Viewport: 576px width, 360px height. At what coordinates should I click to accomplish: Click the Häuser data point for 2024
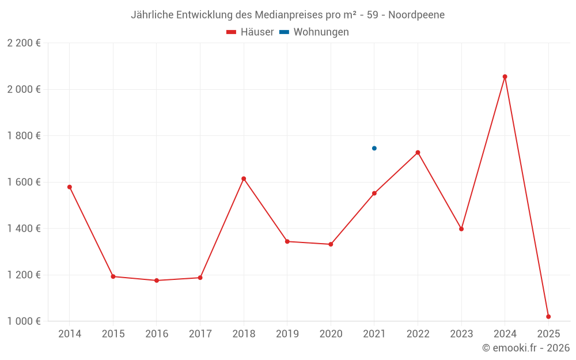505,77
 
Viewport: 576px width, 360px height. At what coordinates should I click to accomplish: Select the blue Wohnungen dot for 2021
374,148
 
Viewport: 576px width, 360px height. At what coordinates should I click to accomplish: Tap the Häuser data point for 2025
548,316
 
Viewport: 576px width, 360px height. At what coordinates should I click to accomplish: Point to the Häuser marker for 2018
244,179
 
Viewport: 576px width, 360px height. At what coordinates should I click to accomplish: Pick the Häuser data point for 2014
70,187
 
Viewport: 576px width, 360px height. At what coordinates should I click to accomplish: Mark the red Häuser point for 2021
374,193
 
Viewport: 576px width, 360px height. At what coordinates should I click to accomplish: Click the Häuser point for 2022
418,152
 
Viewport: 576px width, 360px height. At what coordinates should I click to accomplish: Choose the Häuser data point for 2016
157,281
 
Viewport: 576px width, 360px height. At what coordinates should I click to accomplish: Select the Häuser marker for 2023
461,229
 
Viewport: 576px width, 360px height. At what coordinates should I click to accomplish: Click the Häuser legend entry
250,32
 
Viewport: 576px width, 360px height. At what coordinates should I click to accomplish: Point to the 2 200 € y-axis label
24,43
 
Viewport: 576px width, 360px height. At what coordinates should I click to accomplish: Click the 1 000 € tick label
24,321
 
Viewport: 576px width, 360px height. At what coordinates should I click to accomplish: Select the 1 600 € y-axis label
24,182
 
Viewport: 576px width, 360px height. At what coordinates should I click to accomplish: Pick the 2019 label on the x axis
287,334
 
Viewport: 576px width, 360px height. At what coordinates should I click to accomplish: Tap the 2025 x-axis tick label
548,334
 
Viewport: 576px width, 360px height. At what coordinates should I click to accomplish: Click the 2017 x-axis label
200,334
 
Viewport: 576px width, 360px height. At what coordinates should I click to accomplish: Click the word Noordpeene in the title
416,15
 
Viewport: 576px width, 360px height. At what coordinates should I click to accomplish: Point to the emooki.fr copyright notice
526,348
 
